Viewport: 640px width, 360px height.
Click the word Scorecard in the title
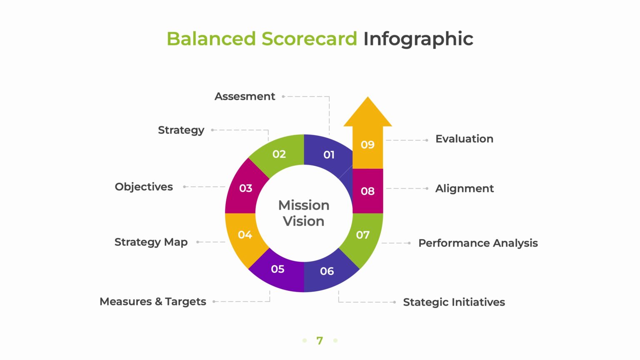pyautogui.click(x=309, y=39)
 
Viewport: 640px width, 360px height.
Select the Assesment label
pyautogui.click(x=245, y=96)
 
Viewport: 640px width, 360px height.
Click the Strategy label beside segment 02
pyautogui.click(x=181, y=130)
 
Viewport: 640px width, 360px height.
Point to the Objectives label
pyautogui.click(x=144, y=187)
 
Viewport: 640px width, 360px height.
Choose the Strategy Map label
pyautogui.click(x=151, y=242)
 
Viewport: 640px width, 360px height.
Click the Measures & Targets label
pyautogui.click(x=153, y=301)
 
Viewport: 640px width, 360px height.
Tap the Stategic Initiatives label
pyautogui.click(x=454, y=302)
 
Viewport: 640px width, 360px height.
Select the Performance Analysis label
pyautogui.click(x=478, y=243)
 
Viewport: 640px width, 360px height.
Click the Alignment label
pyautogui.click(x=464, y=189)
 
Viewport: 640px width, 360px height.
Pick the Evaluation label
pyautogui.click(x=464, y=139)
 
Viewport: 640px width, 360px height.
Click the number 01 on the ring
pyautogui.click(x=329, y=155)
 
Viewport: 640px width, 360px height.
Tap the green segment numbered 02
pyautogui.click(x=279, y=154)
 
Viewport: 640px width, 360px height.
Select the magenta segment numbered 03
pyautogui.click(x=245, y=188)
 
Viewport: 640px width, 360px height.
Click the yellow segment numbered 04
pyautogui.click(x=245, y=235)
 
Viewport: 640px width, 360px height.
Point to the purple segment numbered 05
pyautogui.click(x=277, y=269)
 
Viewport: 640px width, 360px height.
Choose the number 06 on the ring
pyautogui.click(x=327, y=271)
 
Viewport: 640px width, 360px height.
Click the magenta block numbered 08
pyautogui.click(x=367, y=191)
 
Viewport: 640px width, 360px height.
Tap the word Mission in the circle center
pyautogui.click(x=304, y=205)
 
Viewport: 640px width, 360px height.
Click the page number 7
pyautogui.click(x=320, y=340)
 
